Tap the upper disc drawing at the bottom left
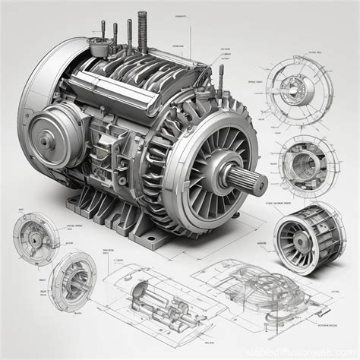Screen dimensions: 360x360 (x=36, y=238)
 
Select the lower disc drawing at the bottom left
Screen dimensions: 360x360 (x=72, y=279)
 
